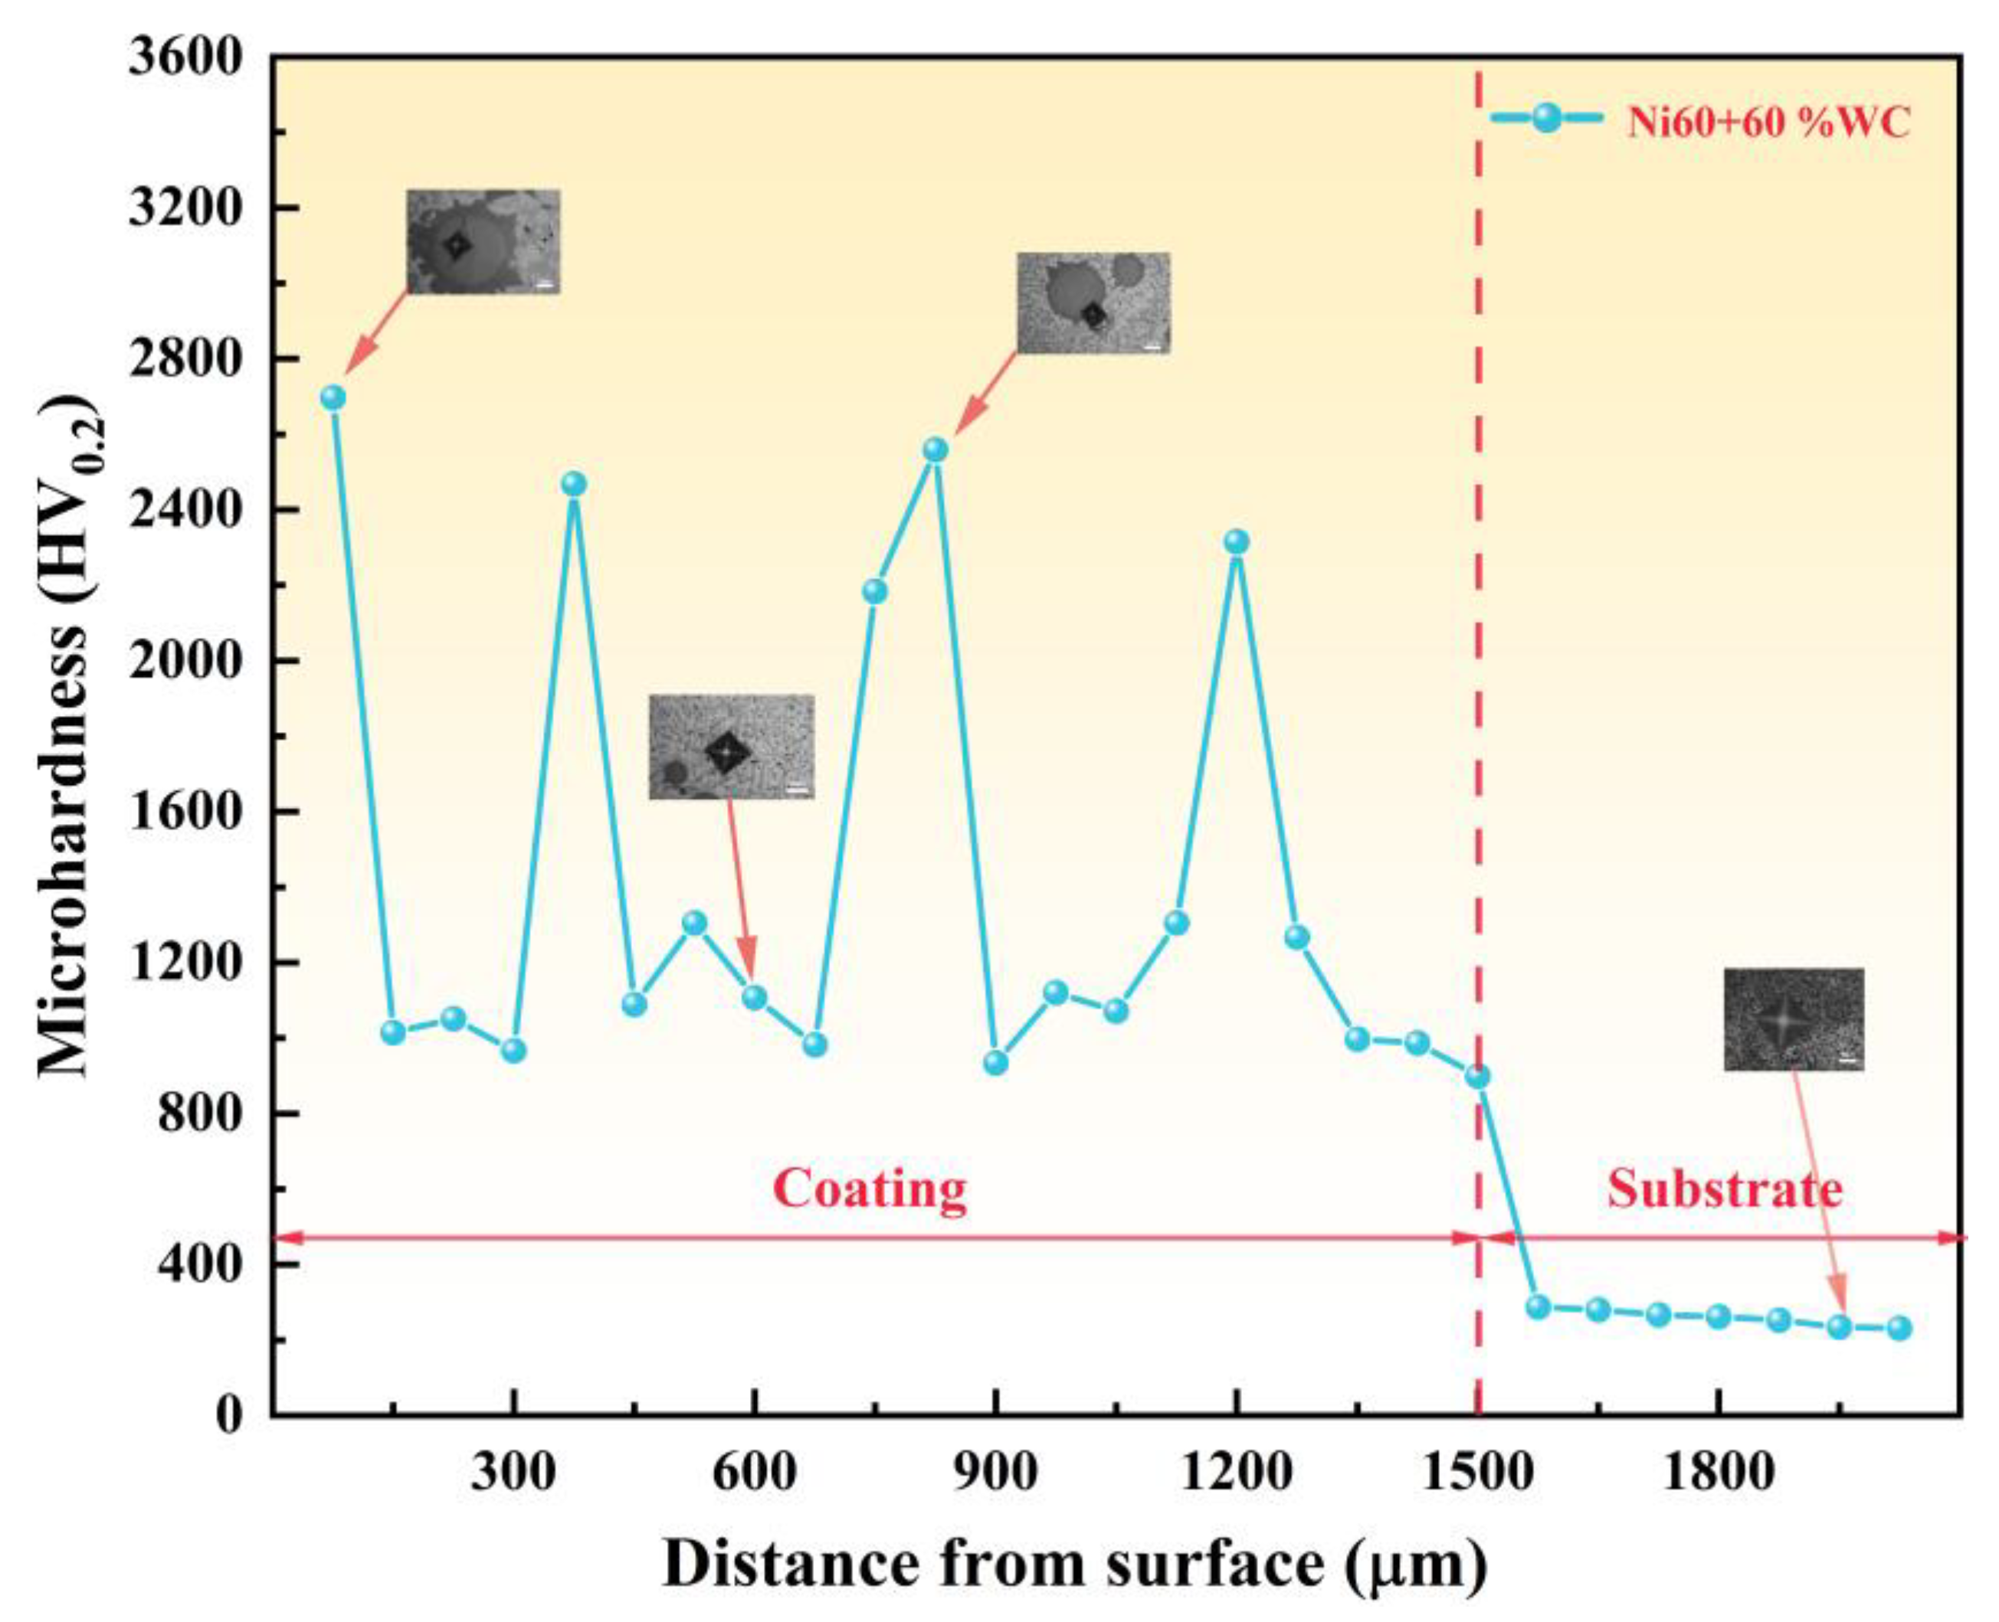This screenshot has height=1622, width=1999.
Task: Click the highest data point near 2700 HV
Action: click(x=333, y=397)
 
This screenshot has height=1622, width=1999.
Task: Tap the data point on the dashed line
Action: click(x=1477, y=1076)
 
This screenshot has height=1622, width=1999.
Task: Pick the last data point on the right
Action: click(x=1899, y=1329)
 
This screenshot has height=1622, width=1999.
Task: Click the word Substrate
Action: click(x=1724, y=1189)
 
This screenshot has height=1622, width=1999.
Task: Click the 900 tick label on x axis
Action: click(x=995, y=1473)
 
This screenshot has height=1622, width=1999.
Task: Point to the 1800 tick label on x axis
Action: click(x=1718, y=1473)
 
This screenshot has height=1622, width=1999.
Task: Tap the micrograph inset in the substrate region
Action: click(x=1792, y=1019)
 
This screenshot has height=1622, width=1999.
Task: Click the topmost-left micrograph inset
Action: click(x=482, y=241)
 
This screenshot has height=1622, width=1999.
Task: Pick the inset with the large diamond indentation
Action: click(x=731, y=747)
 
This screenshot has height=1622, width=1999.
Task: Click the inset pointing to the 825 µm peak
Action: click(x=1093, y=302)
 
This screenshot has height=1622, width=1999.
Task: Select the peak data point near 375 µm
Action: click(x=574, y=484)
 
